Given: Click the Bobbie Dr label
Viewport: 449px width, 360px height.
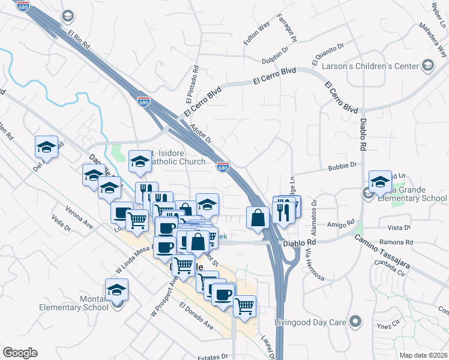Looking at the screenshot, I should tap(343, 165).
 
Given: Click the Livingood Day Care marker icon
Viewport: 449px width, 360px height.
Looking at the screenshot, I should tap(357, 322).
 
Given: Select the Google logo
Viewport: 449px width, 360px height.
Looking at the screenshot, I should tap(20, 353).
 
